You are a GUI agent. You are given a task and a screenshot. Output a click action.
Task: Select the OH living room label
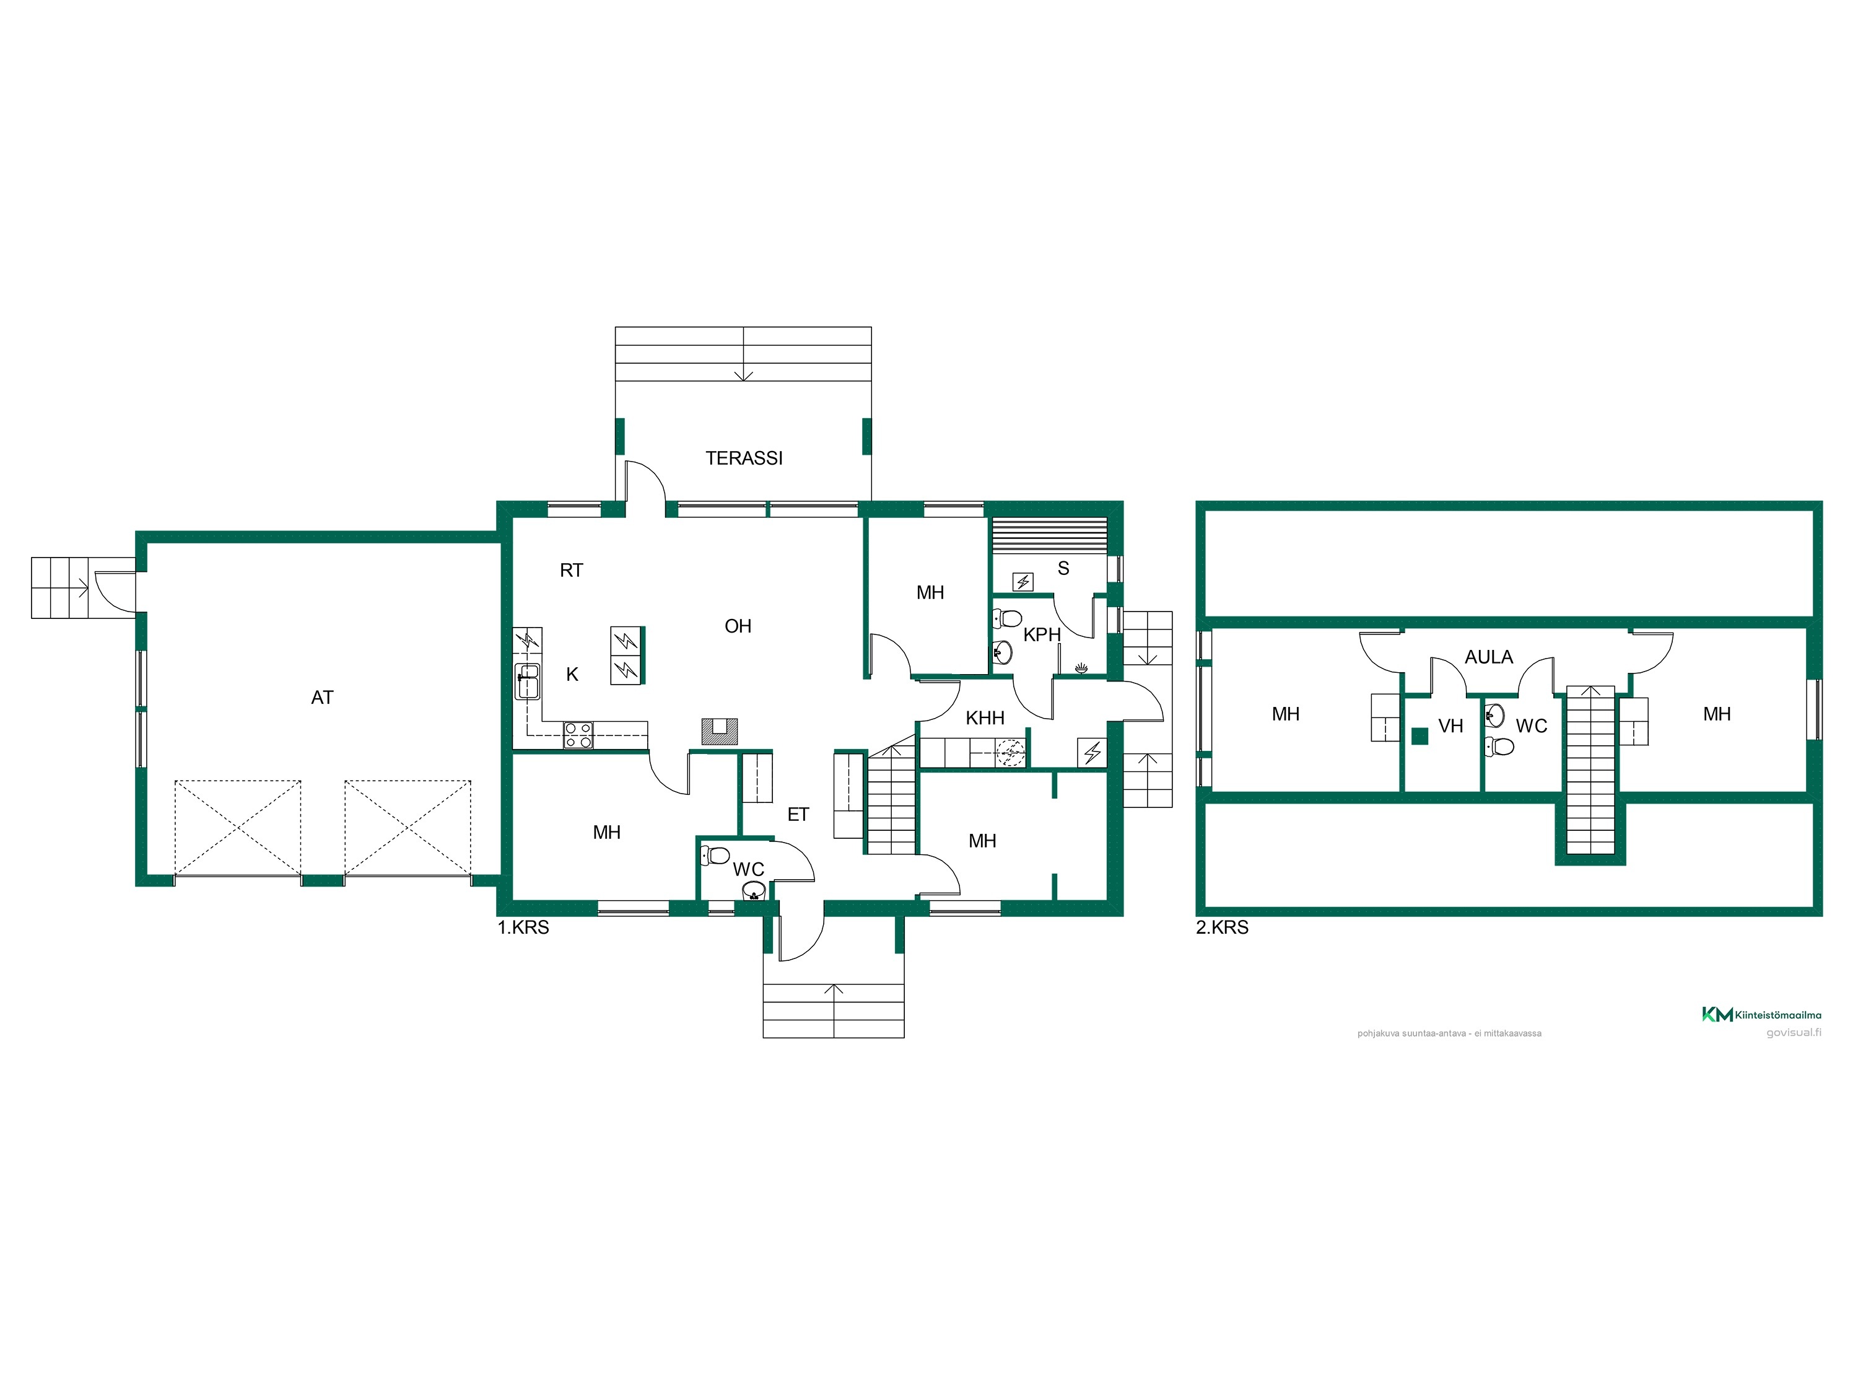tap(738, 626)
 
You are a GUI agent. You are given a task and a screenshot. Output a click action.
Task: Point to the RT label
tap(571, 571)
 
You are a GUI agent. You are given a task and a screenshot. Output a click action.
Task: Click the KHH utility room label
tap(985, 717)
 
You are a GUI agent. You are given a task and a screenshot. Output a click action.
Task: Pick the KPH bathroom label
tap(1042, 635)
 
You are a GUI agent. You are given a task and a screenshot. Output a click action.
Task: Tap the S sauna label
tap(1063, 569)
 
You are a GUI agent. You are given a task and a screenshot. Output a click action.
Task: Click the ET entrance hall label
tap(798, 814)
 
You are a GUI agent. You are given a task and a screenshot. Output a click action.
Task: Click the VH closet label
tap(1450, 726)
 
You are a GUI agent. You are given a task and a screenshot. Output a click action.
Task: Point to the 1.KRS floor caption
tap(523, 927)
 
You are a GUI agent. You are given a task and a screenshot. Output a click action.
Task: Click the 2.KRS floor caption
tap(1222, 927)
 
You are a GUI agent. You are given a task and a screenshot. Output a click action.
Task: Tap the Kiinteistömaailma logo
tap(1761, 1014)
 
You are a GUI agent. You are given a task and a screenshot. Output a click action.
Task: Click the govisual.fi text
tap(1794, 1033)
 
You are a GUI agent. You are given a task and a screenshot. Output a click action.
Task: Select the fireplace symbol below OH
tap(719, 731)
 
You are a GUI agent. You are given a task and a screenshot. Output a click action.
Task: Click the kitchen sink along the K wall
tap(528, 682)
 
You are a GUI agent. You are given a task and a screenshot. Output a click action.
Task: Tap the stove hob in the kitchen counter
tap(578, 735)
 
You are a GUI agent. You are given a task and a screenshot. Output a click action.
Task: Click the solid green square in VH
tap(1420, 736)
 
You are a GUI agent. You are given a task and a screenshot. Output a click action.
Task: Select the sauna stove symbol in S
tap(1023, 582)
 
